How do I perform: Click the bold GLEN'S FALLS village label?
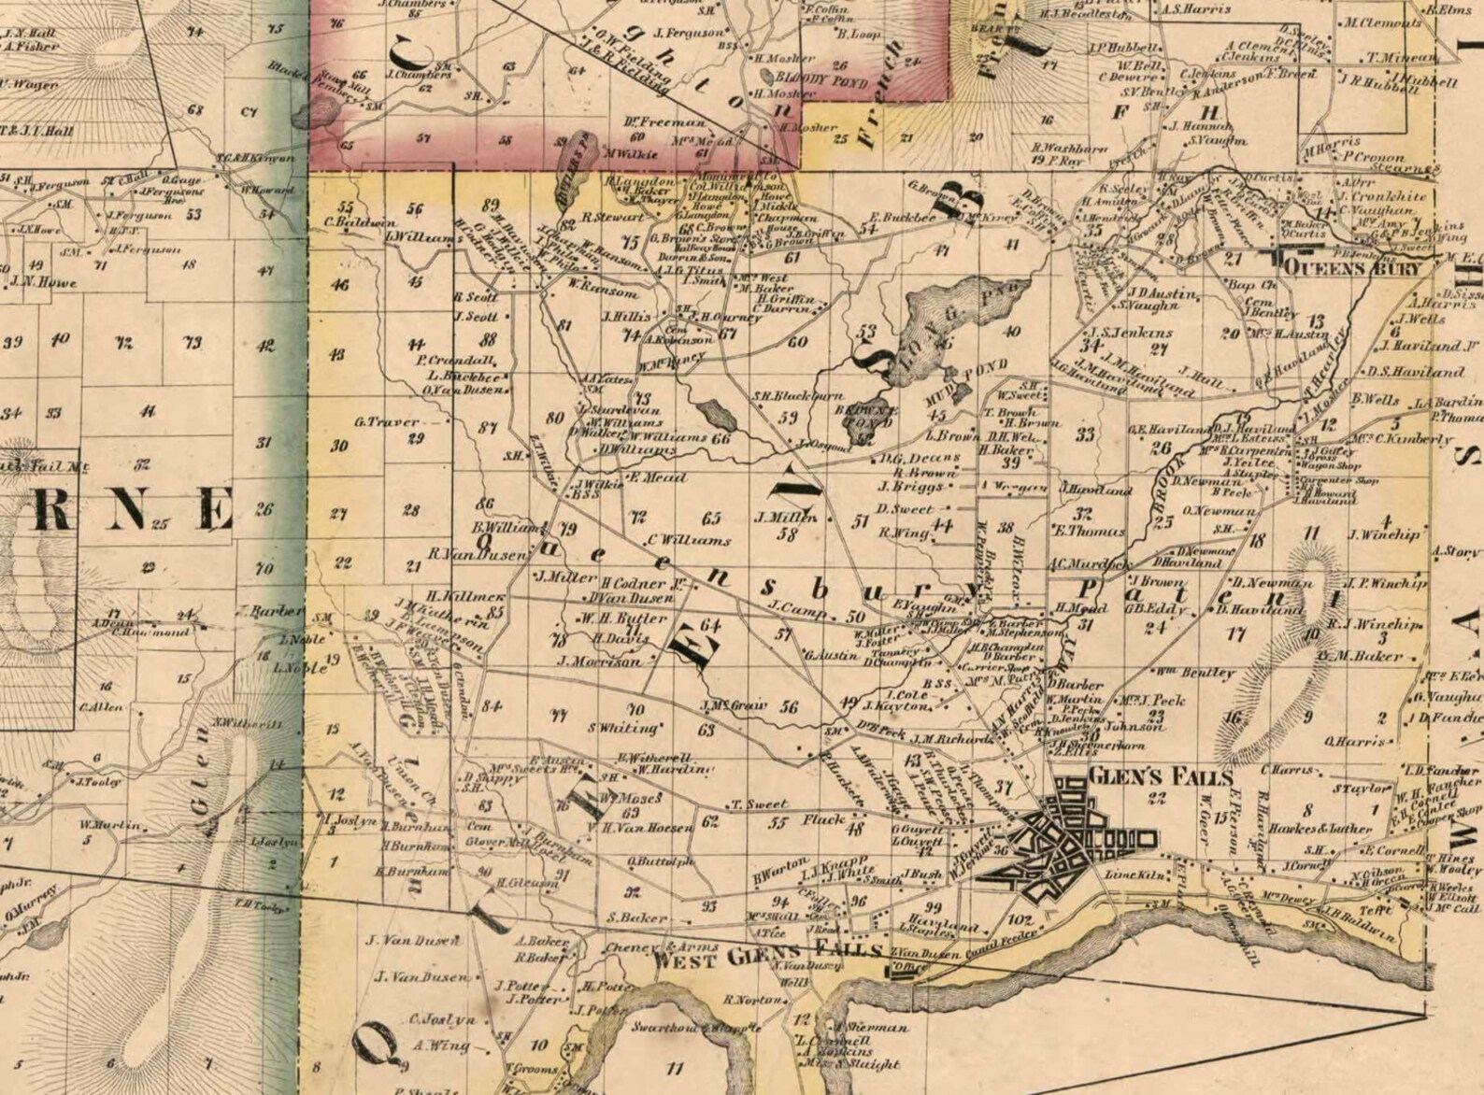(1147, 776)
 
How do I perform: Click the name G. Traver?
(386, 421)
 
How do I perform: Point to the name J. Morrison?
(599, 661)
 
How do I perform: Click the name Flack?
(822, 819)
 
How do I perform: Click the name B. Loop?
(854, 34)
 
